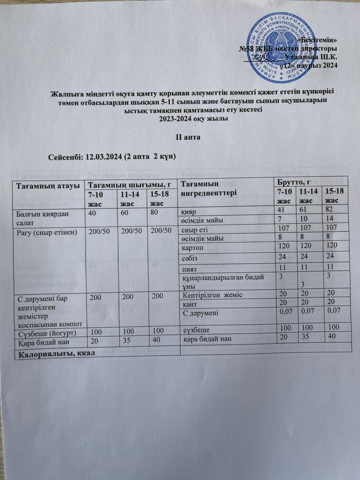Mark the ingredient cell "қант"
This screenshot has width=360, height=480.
(x=190, y=304)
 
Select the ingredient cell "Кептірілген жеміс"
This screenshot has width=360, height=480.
(x=212, y=295)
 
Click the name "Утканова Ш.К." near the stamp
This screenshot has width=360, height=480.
(x=311, y=57)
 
